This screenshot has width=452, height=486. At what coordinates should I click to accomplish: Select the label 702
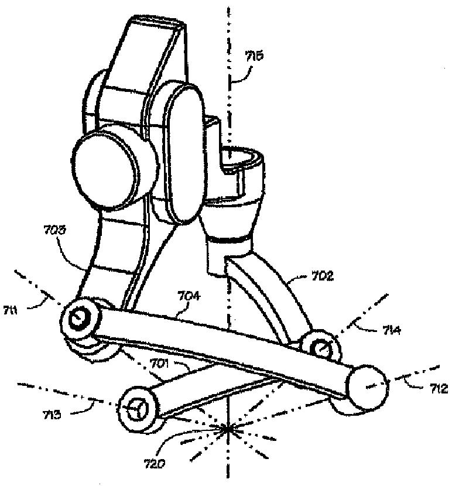coord(322,276)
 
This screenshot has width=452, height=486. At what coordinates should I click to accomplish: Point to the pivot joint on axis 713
coord(136,408)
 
